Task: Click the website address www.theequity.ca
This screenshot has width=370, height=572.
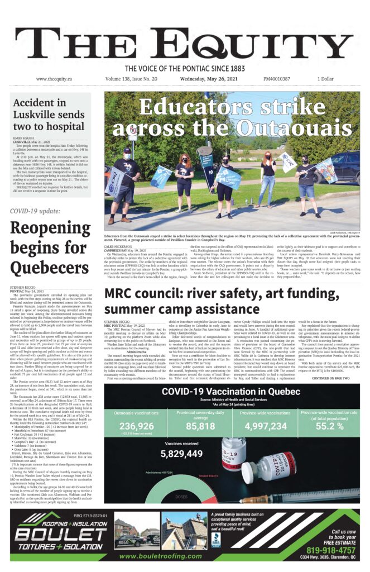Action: click(x=54, y=79)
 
